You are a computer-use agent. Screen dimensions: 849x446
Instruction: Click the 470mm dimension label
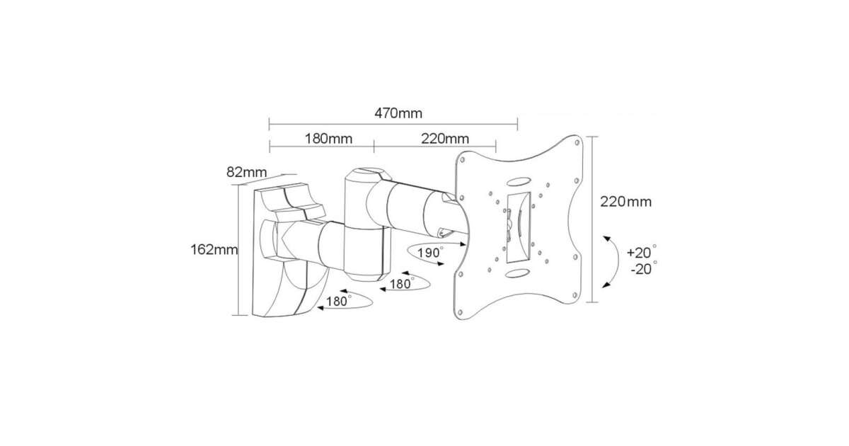tap(398, 113)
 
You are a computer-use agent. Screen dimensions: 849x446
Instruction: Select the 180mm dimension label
tap(328, 139)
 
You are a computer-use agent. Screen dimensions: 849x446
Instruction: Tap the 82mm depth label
tap(247, 172)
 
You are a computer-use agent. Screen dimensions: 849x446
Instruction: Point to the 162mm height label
tap(214, 249)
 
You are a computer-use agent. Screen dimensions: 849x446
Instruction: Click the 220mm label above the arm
tap(445, 139)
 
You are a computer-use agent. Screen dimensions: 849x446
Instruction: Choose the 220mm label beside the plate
tap(625, 202)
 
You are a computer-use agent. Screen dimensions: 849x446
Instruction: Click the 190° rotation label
tap(430, 253)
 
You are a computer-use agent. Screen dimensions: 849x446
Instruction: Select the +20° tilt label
tap(641, 252)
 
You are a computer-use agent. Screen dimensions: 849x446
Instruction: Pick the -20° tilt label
tap(644, 268)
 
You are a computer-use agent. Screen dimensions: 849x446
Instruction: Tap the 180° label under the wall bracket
tap(339, 301)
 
